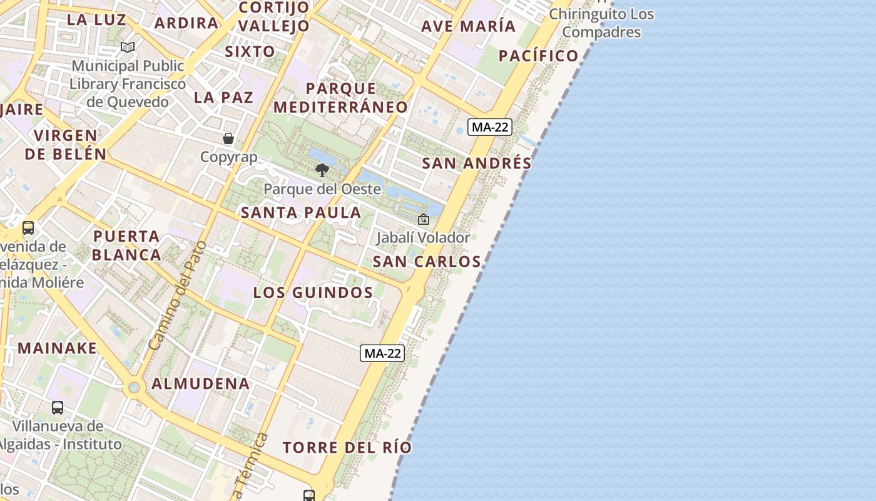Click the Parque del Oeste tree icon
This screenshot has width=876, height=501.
tap(322, 170)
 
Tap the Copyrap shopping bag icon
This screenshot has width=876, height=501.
tap(228, 138)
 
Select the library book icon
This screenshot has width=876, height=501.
tap(128, 47)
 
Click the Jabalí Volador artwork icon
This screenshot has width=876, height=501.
tap(424, 219)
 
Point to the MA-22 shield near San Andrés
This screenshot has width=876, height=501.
tap(490, 127)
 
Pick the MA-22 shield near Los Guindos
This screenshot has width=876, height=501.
tap(382, 353)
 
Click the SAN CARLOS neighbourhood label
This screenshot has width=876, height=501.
tap(427, 261)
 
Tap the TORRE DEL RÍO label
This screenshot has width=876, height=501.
tap(347, 447)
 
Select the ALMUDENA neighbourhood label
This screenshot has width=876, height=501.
tap(201, 383)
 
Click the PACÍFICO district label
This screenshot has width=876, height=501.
tap(538, 56)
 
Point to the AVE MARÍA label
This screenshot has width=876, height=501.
tap(468, 26)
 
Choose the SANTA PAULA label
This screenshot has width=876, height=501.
tap(301, 212)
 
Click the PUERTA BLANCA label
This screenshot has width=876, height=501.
tap(127, 245)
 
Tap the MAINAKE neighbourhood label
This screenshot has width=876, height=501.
tap(58, 348)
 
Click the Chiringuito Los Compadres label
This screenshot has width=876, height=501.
tap(601, 23)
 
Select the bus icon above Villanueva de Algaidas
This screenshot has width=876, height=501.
tap(58, 408)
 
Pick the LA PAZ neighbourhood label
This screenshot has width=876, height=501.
tap(223, 97)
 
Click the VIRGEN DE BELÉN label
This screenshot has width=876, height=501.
tap(65, 144)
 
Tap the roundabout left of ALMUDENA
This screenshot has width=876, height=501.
tap(133, 388)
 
